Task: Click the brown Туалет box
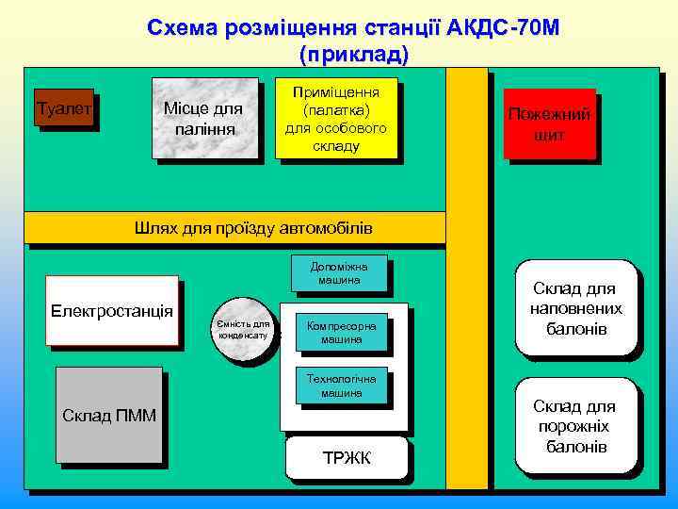pos(63,108)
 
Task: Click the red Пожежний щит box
pos(549,123)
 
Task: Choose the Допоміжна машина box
pos(338,272)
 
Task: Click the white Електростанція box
pos(112,310)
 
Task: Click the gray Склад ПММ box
pos(108,416)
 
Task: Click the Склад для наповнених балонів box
pos(575,308)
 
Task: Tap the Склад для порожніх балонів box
pos(575,425)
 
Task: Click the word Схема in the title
pos(183,27)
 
